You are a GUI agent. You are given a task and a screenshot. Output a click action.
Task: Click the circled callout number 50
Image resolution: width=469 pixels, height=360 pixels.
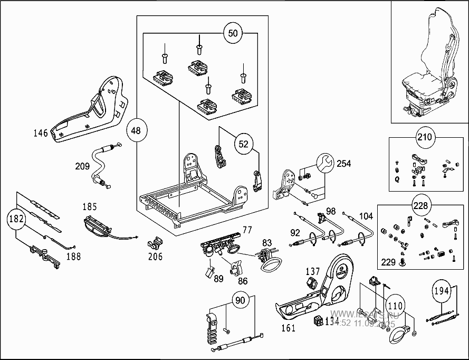tap(233, 34)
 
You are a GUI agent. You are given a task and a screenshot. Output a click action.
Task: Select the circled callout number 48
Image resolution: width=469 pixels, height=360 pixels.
tap(136, 130)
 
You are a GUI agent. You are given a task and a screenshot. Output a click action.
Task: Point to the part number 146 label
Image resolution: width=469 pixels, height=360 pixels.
tap(40, 133)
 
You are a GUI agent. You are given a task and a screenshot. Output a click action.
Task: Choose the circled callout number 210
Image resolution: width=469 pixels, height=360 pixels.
tap(424, 138)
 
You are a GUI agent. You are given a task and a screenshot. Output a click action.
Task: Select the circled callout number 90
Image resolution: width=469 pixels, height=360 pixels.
tap(240, 300)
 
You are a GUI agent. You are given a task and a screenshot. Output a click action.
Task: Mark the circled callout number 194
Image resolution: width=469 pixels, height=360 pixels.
tap(442, 290)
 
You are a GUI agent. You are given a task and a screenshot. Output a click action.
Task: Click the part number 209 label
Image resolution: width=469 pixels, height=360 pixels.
tap(82, 166)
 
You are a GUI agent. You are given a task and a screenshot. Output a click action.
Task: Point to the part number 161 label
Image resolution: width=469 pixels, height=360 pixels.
tap(289, 328)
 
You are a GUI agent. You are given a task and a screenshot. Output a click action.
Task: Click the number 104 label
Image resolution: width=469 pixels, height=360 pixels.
tap(366, 216)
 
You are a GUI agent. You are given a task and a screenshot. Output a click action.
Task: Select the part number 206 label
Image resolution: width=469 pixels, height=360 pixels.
tap(155, 257)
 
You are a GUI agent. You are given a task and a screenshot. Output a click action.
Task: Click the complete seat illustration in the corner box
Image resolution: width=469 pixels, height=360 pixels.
tap(428, 63)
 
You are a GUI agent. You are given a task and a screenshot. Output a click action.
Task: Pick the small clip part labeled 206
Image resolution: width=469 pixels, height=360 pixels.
tap(154, 244)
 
